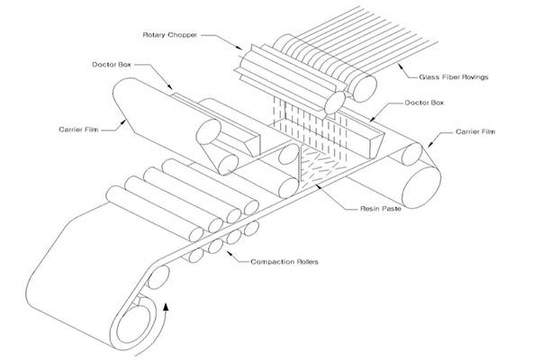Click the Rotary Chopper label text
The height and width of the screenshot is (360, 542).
click(x=170, y=35)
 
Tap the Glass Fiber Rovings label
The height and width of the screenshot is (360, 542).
click(x=454, y=77)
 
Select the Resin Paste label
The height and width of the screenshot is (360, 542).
click(x=381, y=209)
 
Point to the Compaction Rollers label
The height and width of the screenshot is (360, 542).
click(x=285, y=262)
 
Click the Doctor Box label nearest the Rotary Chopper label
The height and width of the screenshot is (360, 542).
click(x=112, y=65)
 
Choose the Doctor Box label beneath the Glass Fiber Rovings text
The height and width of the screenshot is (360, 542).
click(x=424, y=103)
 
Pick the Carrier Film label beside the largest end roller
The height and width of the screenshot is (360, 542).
click(x=475, y=131)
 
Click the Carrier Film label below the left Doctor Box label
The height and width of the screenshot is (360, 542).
click(x=78, y=130)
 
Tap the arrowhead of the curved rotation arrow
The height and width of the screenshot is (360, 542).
click(x=167, y=307)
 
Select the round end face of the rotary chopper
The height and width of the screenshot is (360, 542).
click(x=335, y=103)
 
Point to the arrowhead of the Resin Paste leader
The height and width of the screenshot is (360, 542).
click(x=319, y=186)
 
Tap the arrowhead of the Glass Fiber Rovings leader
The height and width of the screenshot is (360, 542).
click(x=401, y=66)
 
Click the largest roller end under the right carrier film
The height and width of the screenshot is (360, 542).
click(x=421, y=187)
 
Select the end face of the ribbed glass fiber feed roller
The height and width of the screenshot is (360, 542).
click(x=363, y=88)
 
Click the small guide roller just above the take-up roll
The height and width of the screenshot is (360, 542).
click(x=158, y=277)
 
